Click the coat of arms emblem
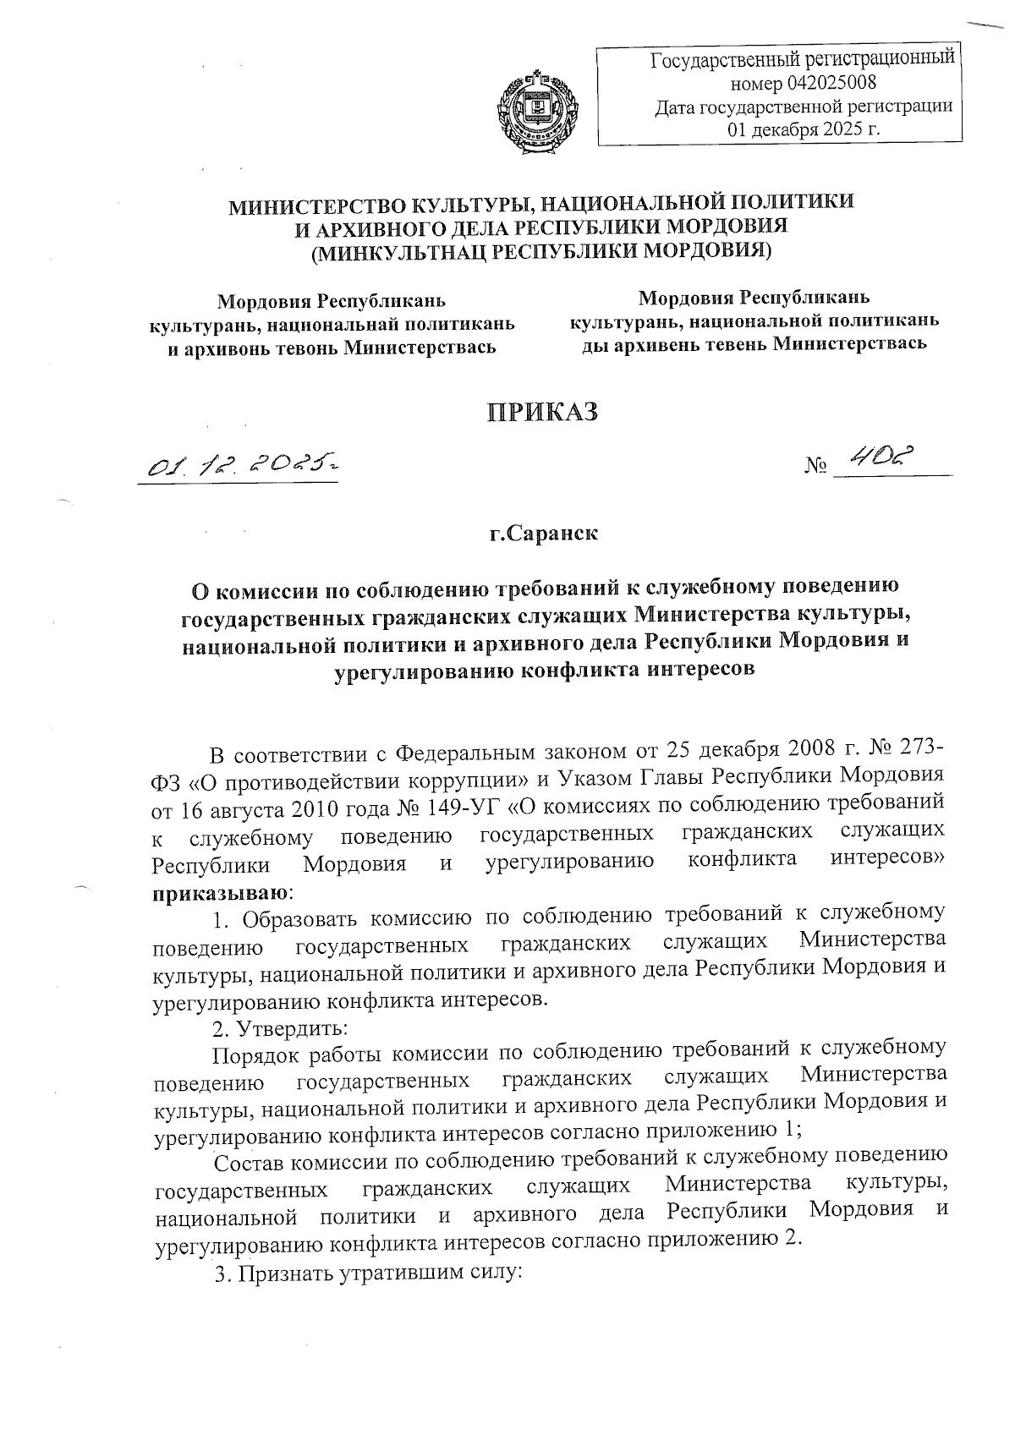pyautogui.click(x=535, y=112)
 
